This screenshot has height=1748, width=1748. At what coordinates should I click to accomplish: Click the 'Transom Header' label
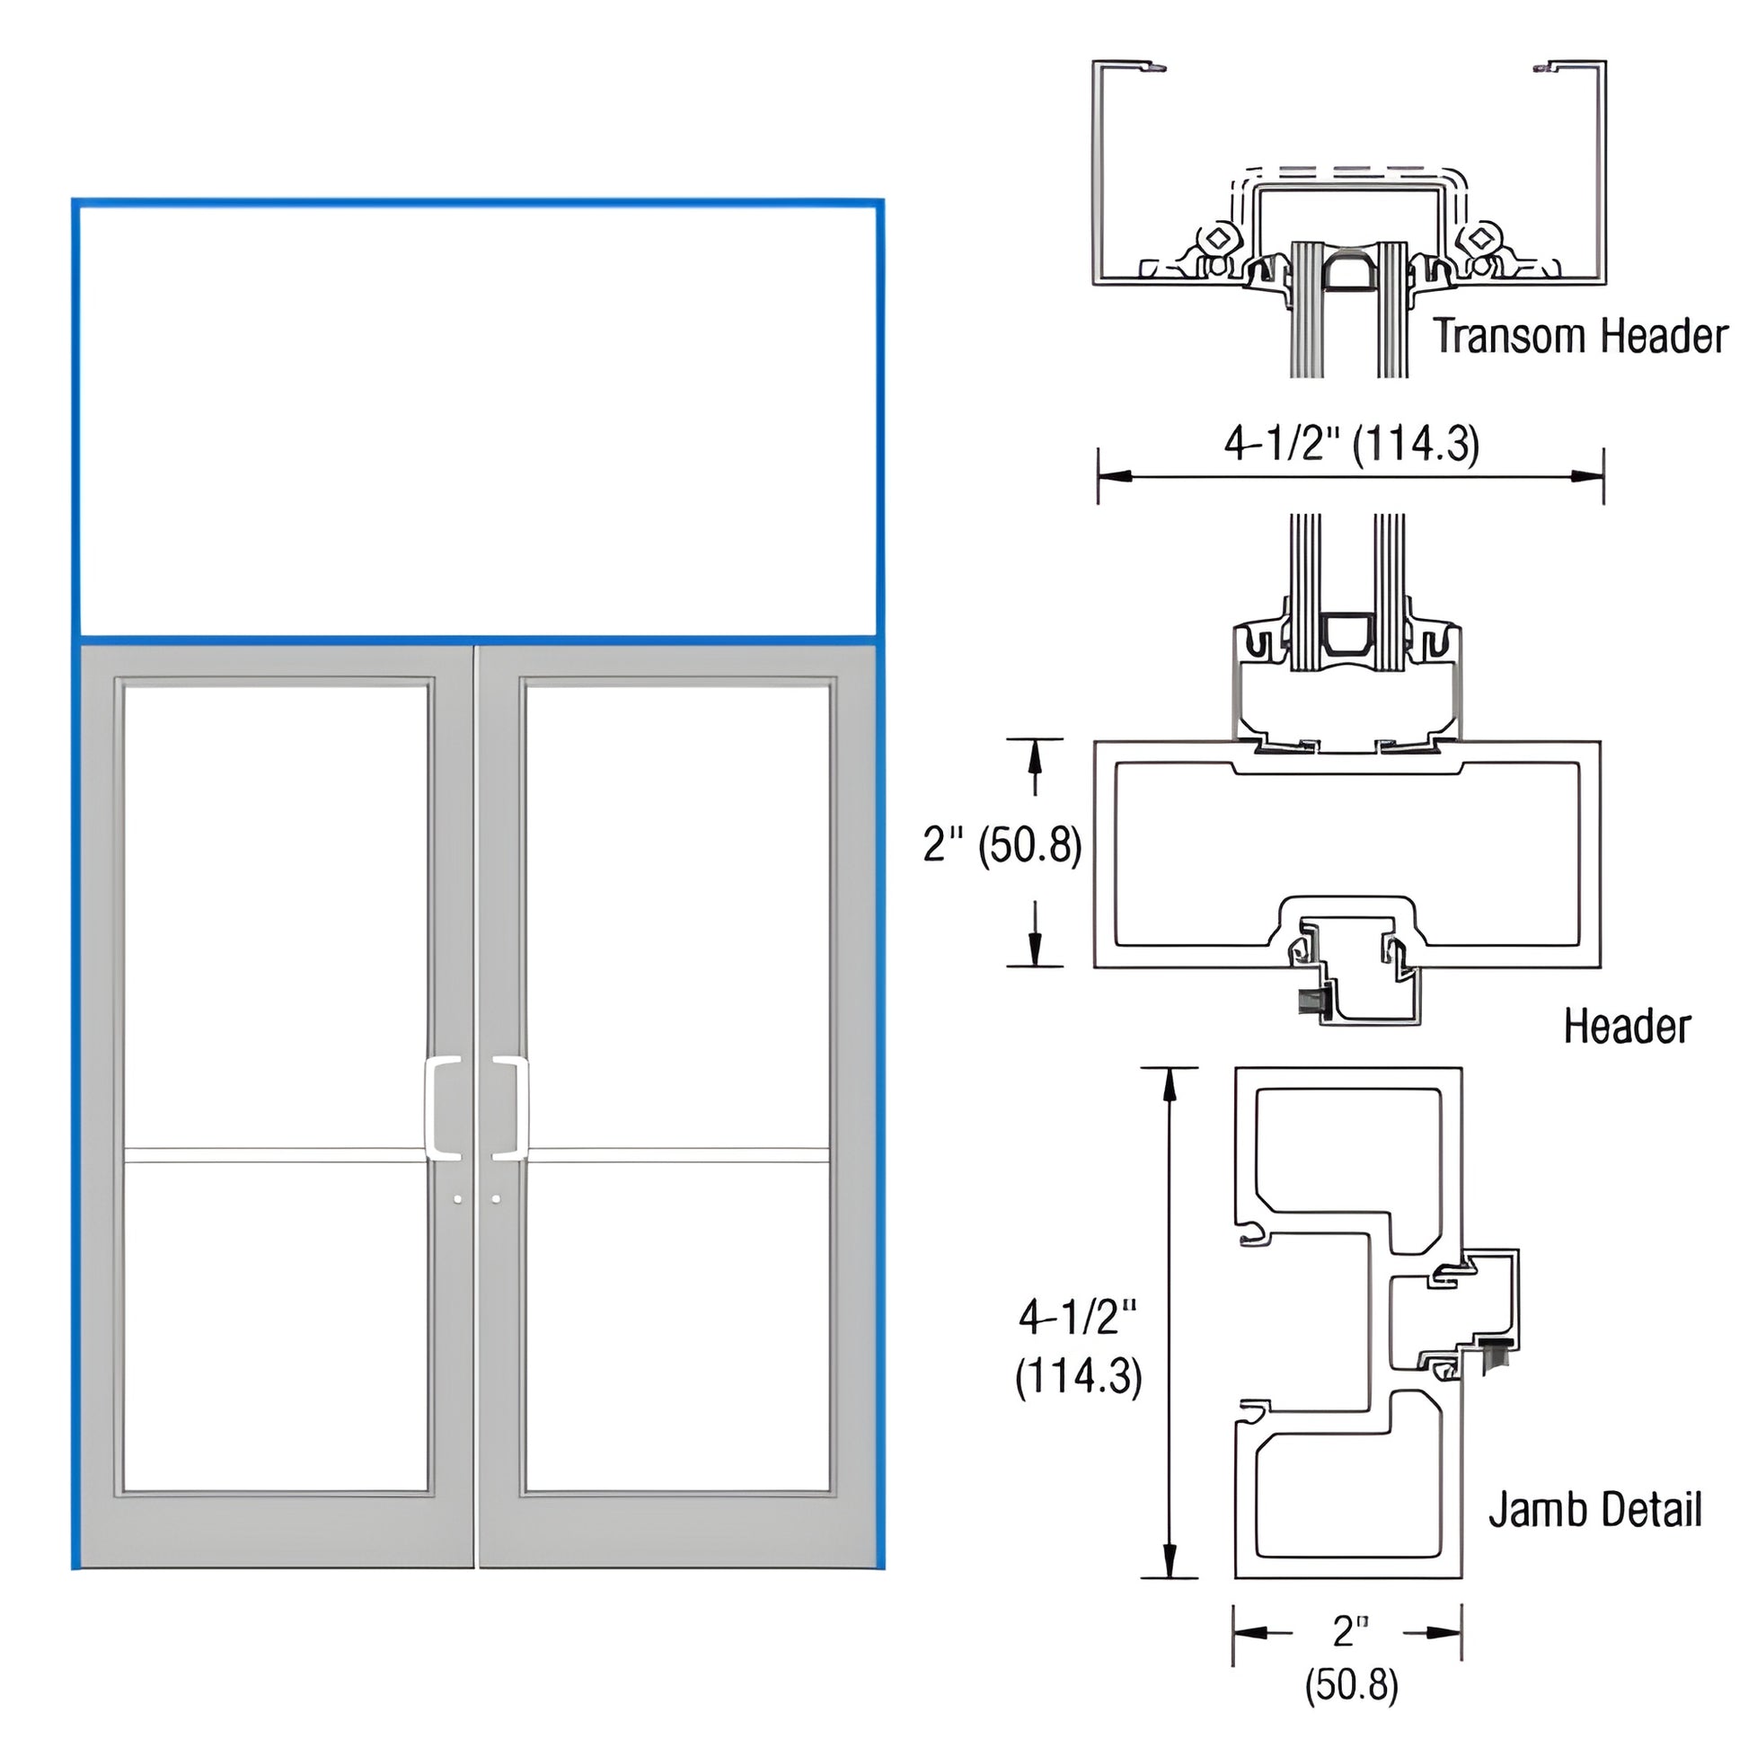coord(1580,337)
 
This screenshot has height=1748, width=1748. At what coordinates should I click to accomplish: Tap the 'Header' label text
coord(1627,1027)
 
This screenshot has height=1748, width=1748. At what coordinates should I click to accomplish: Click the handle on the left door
coord(443,1108)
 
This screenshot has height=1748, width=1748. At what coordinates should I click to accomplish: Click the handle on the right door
coord(512,1108)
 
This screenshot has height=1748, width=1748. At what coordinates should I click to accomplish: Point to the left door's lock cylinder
coord(458,1199)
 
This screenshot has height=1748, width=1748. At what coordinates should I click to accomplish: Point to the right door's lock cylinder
coord(496,1199)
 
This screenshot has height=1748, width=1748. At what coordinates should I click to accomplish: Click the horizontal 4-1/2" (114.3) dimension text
coord(1352,445)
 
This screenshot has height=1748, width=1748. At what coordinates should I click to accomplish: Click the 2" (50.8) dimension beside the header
coord(1002,845)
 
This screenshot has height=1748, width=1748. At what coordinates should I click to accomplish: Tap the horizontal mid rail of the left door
coord(276,1155)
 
